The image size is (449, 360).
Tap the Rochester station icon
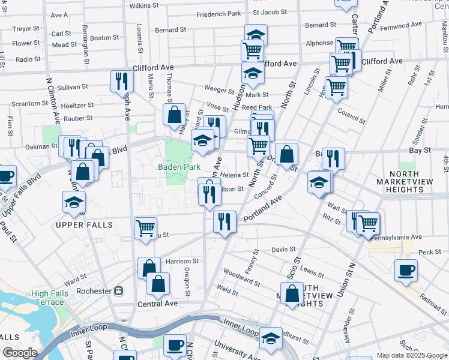pyautogui.click(x=119, y=291)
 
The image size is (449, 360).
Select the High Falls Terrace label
pyautogui.click(x=48, y=298)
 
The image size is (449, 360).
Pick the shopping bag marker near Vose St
pyautogui.click(x=175, y=114)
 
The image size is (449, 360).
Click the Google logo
pyautogui.click(x=20, y=352)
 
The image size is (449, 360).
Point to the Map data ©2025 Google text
pyautogui.click(x=412, y=355)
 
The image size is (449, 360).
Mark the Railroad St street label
pyautogui.click(x=434, y=298)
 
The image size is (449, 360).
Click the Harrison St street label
pyautogui.click(x=182, y=262)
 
